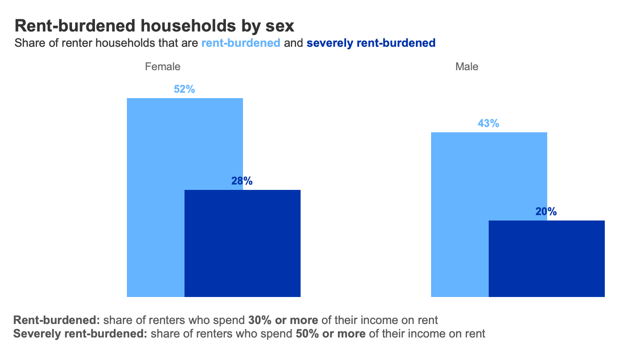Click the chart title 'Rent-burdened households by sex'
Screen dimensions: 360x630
[x=154, y=26]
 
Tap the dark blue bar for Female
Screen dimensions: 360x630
[x=243, y=243]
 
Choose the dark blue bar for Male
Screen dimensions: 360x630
[x=547, y=259]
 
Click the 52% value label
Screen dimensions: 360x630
[x=184, y=90]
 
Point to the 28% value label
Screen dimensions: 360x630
[x=242, y=181]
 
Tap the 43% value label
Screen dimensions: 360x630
[x=489, y=123]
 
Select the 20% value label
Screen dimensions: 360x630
[x=546, y=212]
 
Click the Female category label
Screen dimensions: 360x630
[x=162, y=67]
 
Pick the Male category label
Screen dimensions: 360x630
[x=467, y=67]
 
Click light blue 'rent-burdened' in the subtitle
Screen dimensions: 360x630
[x=241, y=43]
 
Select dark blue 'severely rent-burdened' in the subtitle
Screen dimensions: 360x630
[x=371, y=43]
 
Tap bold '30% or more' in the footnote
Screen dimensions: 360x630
[x=283, y=320]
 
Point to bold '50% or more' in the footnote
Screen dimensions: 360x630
[x=330, y=334]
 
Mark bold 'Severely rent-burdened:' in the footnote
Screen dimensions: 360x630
[x=81, y=334]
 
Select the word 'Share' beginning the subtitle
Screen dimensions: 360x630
[x=27, y=43]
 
